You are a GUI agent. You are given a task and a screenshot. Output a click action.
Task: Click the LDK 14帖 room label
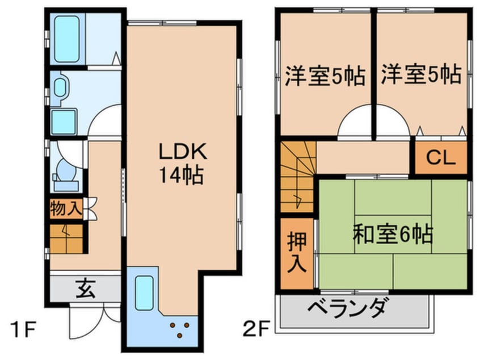tap(180, 164)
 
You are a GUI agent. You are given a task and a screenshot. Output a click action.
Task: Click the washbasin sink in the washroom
tap(60, 87)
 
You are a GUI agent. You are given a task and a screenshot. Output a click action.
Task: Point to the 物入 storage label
tap(65, 208)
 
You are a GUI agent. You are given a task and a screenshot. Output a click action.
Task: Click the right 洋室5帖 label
tap(420, 75)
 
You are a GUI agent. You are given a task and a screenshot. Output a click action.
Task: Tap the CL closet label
tap(441, 158)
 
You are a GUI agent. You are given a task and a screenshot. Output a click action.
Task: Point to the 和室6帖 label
tap(393, 233)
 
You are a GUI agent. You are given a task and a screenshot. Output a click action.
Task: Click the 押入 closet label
tap(298, 252)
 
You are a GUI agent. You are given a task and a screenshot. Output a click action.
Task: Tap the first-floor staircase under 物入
tap(66, 238)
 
